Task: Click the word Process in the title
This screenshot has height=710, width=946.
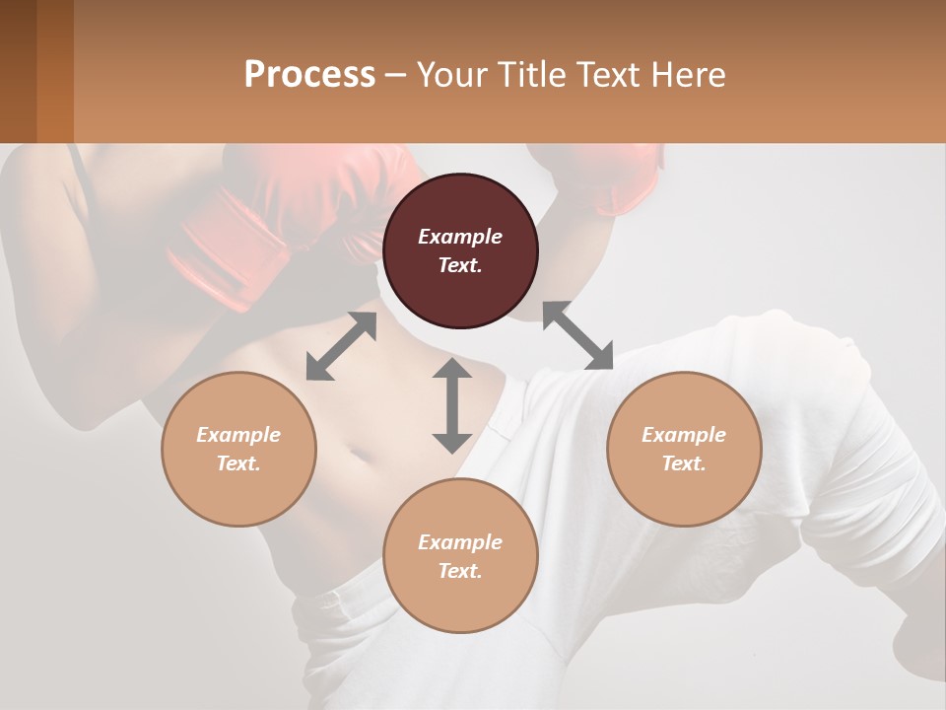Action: pyautogui.click(x=309, y=75)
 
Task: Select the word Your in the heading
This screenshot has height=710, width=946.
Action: pyautogui.click(x=450, y=75)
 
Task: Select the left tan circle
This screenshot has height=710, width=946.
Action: pyautogui.click(x=238, y=449)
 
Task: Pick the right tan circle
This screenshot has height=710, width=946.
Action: pyautogui.click(x=684, y=449)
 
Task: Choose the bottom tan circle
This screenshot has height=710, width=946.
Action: pyautogui.click(x=460, y=555)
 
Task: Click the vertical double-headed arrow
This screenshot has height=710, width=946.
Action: pyautogui.click(x=452, y=405)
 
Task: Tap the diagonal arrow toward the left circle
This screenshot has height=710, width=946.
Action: pyautogui.click(x=341, y=346)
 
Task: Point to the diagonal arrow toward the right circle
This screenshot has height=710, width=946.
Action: pyautogui.click(x=577, y=336)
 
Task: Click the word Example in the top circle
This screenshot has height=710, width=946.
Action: pyautogui.click(x=460, y=237)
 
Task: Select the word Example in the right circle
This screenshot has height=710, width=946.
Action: pyautogui.click(x=684, y=435)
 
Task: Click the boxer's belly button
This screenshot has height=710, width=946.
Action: pyautogui.click(x=361, y=457)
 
